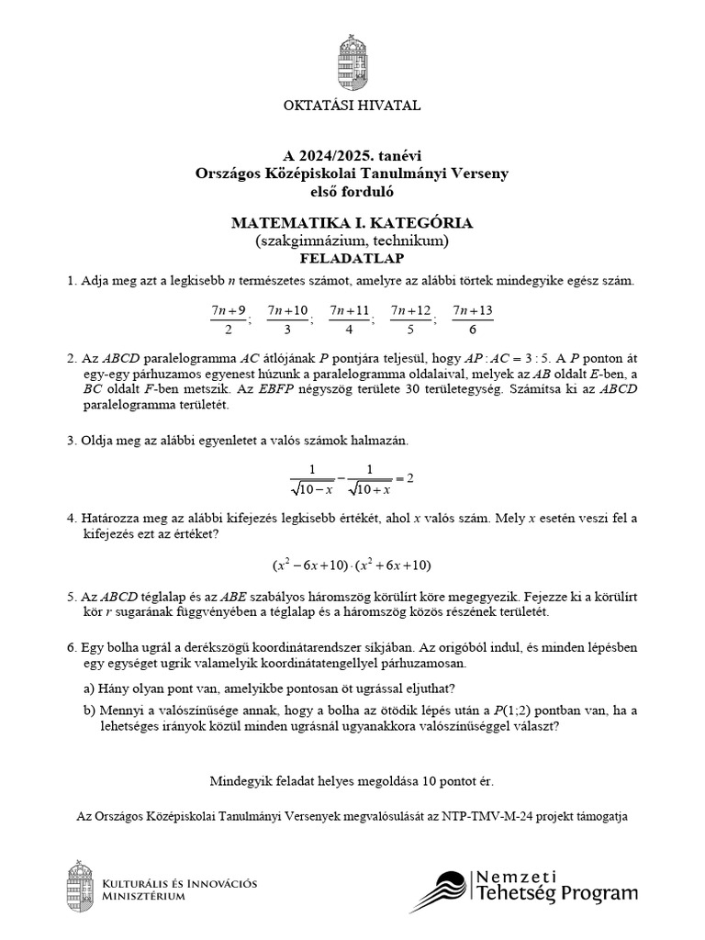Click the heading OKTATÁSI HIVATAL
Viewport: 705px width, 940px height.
pos(352,106)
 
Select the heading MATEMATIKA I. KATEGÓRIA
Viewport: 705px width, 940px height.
pos(352,223)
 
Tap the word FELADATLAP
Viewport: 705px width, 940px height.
pos(352,260)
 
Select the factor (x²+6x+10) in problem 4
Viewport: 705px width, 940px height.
pos(393,565)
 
